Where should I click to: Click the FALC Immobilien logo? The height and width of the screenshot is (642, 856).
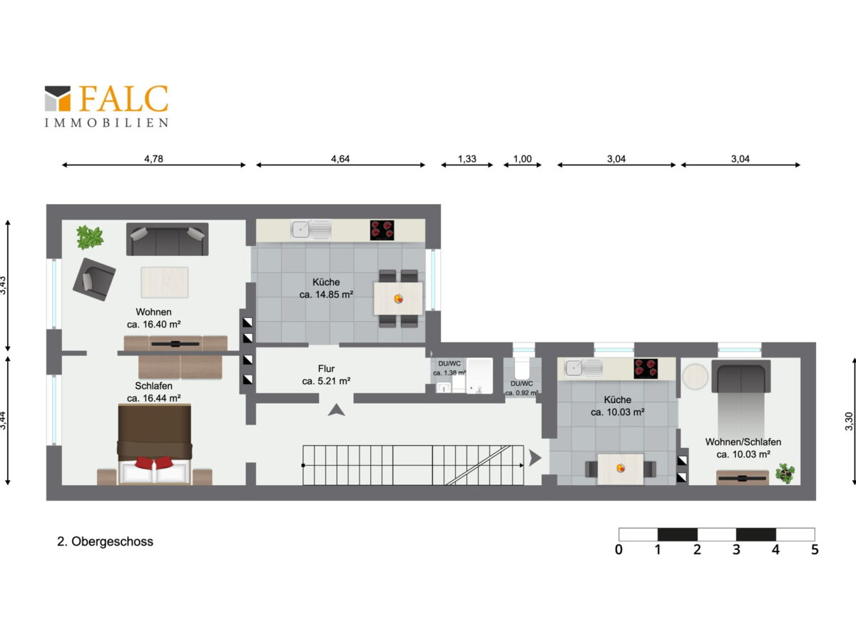(x=106, y=106)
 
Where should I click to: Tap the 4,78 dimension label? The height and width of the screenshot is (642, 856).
(x=153, y=158)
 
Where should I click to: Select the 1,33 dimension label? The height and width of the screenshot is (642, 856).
(x=467, y=158)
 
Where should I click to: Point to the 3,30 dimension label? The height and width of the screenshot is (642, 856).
(x=849, y=422)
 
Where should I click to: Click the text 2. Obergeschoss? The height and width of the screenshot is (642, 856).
(x=105, y=541)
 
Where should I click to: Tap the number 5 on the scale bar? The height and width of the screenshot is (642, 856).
(x=815, y=549)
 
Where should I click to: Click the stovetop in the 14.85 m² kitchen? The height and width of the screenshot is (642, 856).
(x=382, y=230)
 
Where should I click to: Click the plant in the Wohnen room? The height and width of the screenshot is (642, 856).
(x=90, y=237)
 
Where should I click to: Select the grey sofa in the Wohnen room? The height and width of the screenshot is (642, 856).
(x=168, y=240)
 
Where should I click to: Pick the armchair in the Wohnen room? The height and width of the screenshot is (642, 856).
(x=94, y=279)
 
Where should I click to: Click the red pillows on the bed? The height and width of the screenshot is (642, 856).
(x=154, y=463)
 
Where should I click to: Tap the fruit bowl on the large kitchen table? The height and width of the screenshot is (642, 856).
(x=398, y=299)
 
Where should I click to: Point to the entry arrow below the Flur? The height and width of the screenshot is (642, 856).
(x=336, y=410)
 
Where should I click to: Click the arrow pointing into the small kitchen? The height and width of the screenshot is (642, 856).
(x=535, y=458)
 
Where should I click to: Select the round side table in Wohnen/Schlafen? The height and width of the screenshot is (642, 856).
(x=695, y=376)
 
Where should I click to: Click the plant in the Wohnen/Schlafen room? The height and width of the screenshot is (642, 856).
(x=785, y=473)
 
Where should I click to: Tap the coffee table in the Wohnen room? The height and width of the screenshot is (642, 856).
(x=165, y=282)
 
